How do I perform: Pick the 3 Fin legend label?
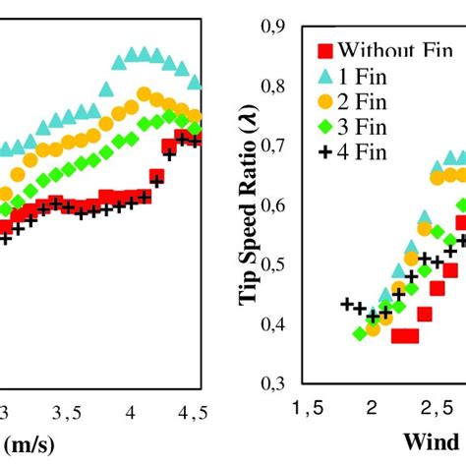pyautogui.click(x=364, y=126)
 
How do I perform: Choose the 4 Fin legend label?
pyautogui.click(x=364, y=151)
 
